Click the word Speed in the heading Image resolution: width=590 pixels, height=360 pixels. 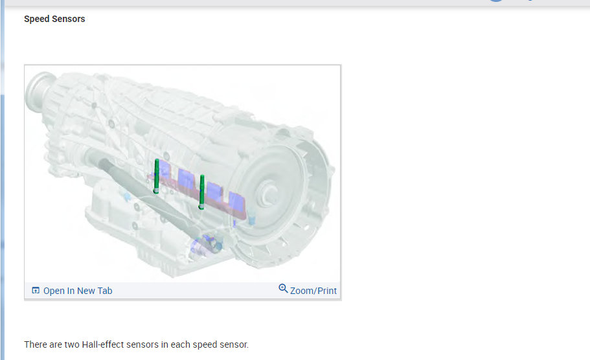point(36,19)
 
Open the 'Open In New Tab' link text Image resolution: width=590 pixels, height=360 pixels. point(78,291)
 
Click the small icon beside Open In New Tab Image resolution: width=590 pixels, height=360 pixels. point(36,290)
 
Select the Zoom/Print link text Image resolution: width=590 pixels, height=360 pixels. point(313,291)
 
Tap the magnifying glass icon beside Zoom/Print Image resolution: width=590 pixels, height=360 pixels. point(283,289)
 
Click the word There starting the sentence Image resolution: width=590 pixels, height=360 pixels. point(34,344)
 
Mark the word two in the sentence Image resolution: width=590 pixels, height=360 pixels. point(72,344)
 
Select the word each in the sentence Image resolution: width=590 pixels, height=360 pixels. point(180,344)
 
